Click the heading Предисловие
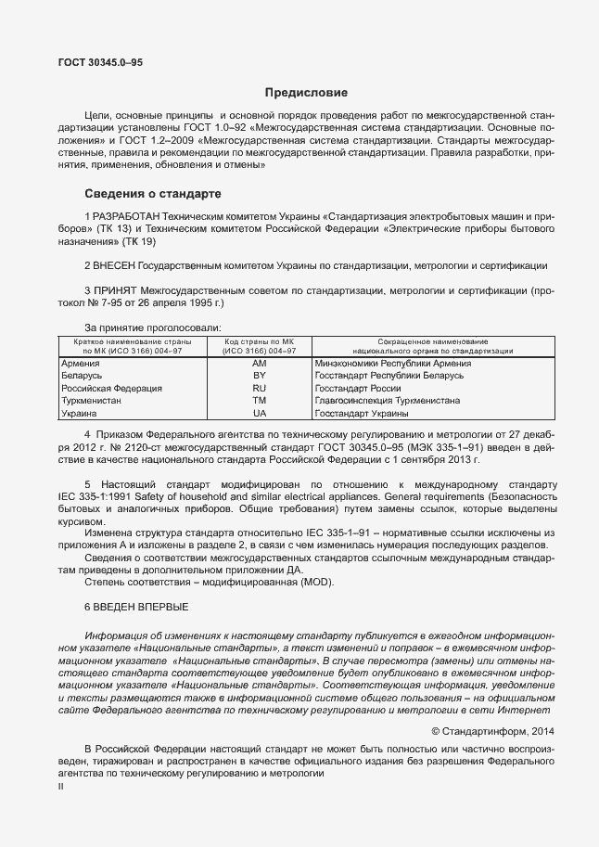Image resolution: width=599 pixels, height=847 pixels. click(x=306, y=93)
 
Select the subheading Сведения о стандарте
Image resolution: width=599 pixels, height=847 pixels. click(x=152, y=195)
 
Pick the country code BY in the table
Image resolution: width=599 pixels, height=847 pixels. click(x=260, y=376)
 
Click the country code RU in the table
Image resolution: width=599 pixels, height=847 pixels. click(x=260, y=388)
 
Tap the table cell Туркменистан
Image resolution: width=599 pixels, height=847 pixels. click(x=91, y=400)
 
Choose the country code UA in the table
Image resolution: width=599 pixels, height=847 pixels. click(x=260, y=412)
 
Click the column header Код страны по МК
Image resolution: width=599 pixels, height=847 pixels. click(x=260, y=342)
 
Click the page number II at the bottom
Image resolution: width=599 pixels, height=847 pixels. click(x=60, y=786)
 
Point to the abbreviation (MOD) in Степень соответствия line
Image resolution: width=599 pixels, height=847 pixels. click(x=311, y=582)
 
